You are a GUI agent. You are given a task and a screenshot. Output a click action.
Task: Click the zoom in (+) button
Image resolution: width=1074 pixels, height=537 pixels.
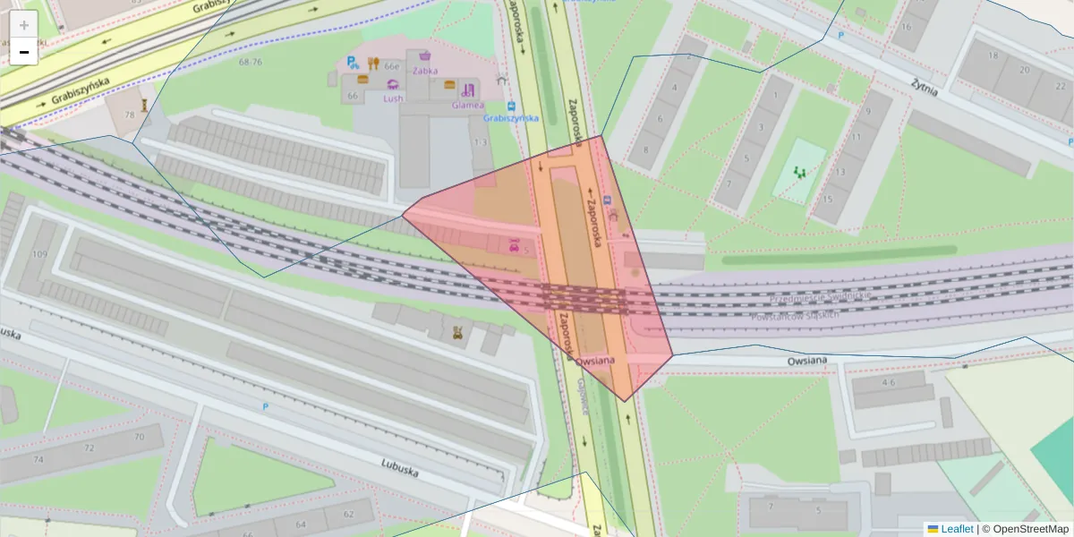coord(24,25)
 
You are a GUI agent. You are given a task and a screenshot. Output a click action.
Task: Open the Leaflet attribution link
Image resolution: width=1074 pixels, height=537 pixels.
coord(956,529)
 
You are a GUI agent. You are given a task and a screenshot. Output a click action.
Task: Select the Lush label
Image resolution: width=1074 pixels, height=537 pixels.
coord(393,98)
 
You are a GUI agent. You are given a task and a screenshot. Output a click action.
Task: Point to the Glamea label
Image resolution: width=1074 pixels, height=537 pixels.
coord(468,105)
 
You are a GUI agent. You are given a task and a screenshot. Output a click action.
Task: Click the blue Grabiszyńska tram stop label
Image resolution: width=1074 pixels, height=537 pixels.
coord(510,117)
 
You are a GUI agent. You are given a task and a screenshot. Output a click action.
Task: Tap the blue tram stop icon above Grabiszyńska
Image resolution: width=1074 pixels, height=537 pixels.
coord(510,105)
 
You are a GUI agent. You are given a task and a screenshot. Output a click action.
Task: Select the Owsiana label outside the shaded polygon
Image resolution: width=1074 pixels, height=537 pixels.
coord(807,361)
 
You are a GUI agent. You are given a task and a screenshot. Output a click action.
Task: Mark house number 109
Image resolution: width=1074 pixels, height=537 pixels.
coord(39,254)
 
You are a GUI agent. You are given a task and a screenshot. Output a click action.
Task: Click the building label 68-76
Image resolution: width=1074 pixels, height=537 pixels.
coord(251,62)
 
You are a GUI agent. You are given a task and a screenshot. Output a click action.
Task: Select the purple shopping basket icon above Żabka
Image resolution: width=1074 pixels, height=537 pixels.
coord(424,55)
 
